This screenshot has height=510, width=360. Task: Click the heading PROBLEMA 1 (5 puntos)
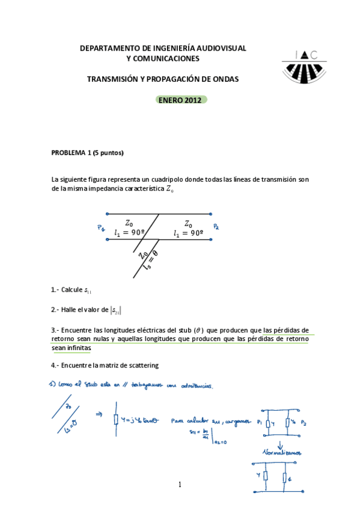(88, 153)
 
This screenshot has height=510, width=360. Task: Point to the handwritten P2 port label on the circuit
(216, 227)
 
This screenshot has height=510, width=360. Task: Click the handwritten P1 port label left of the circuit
(100, 227)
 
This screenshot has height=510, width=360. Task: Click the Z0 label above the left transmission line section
(129, 222)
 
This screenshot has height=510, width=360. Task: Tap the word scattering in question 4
(142, 365)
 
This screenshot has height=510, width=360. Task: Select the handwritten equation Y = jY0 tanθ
(140, 420)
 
